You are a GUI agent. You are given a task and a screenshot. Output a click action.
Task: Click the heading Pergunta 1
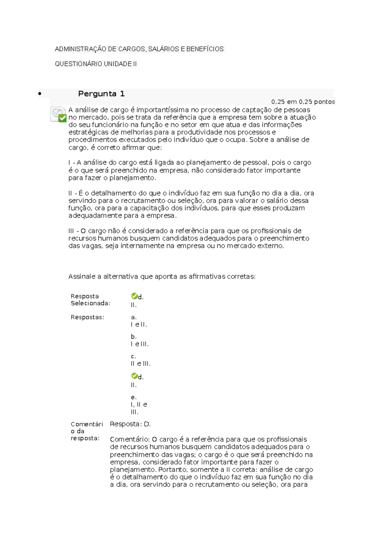coord(101,94)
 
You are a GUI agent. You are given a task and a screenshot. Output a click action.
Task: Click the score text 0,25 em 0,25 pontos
coord(303,102)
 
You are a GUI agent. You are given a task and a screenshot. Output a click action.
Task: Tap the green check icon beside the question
coord(62,118)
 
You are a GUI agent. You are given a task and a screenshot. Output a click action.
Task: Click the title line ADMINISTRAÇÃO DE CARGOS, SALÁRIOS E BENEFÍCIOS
coord(139,49)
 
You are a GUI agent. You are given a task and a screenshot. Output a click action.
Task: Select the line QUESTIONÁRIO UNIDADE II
coord(96,64)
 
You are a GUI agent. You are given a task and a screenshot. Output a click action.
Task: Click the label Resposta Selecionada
coord(90,300)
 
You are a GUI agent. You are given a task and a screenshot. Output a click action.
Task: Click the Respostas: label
coord(87,317)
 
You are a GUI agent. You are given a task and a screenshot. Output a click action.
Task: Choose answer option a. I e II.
coord(139,321)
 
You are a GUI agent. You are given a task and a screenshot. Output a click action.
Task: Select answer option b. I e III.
coord(140,341)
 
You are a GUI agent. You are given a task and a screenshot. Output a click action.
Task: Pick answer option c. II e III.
coord(141,360)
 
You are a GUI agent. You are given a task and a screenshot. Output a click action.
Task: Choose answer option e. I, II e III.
coord(139,405)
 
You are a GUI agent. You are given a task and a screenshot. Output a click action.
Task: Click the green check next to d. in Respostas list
coord(134,376)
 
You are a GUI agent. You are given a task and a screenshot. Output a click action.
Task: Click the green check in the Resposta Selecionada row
coord(134,296)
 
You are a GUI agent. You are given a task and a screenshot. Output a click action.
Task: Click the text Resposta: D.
coord(130,424)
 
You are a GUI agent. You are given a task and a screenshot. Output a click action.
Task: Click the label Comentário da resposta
coord(87,431)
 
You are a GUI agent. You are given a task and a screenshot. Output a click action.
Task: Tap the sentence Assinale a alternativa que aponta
coord(162,277)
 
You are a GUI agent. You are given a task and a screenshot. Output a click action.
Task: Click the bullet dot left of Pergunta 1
coord(40,94)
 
